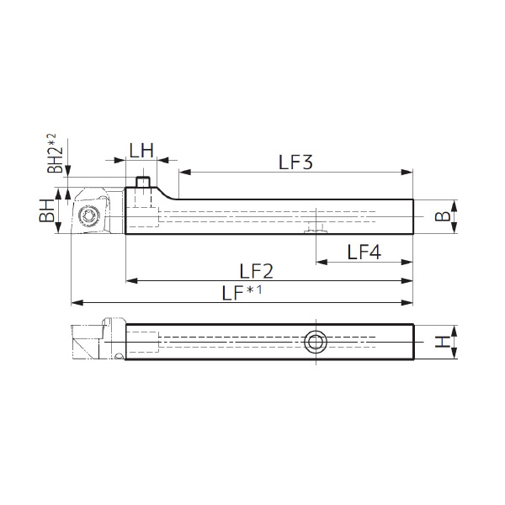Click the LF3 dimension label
click(x=295, y=162)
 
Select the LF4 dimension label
click(x=364, y=252)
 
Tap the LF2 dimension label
click(x=257, y=271)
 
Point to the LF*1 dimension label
click(x=242, y=293)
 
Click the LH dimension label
click(x=141, y=151)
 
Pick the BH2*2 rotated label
click(x=52, y=153)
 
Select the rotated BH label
click(x=47, y=211)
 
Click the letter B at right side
click(x=443, y=216)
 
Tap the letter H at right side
click(x=443, y=342)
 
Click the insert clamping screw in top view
click(x=89, y=215)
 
